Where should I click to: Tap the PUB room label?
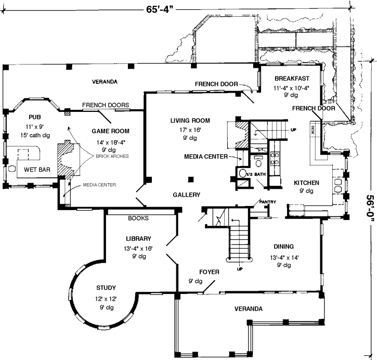pyautogui.click(x=35, y=117)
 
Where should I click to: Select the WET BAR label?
pyautogui.click(x=37, y=169)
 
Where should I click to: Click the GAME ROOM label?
pyautogui.click(x=110, y=131)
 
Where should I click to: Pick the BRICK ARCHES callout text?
pyautogui.click(x=111, y=156)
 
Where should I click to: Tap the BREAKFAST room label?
pyautogui.click(x=293, y=79)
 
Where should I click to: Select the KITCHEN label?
pyautogui.click(x=306, y=183)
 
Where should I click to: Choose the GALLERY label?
pyautogui.click(x=187, y=195)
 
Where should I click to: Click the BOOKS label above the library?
pyautogui.click(x=138, y=218)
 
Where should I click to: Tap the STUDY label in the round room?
pyautogui.click(x=106, y=288)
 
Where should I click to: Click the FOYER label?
pyautogui.click(x=209, y=272)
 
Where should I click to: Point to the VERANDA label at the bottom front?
pyautogui.click(x=248, y=309)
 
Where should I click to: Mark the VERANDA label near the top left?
pyautogui.click(x=105, y=82)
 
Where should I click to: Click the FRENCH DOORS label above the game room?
pyautogui.click(x=106, y=105)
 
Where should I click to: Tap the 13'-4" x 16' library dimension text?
pyautogui.click(x=138, y=249)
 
